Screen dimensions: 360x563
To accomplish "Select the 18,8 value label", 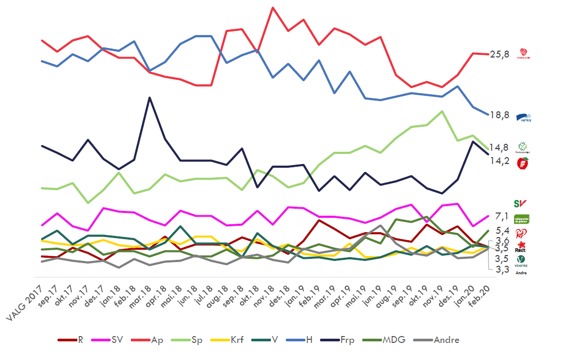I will pos(500,114).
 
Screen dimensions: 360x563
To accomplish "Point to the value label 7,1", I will pos(502,216).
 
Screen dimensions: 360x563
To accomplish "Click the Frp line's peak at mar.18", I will pos(150,97).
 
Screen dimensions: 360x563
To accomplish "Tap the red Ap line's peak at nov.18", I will pos(273,8).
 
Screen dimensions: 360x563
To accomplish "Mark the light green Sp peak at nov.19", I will pos(441,111).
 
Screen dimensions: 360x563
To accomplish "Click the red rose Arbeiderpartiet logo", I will pos(524,53).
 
